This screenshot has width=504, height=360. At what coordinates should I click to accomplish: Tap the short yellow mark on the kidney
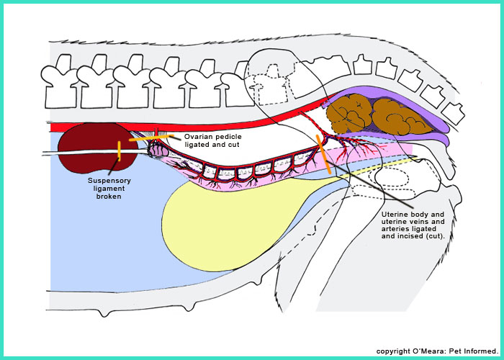point(120,150)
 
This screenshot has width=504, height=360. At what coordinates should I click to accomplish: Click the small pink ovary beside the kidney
point(159,151)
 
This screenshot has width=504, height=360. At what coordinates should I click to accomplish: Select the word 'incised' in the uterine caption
point(402,235)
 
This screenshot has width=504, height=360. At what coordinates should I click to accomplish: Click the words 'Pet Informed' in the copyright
point(472,351)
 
